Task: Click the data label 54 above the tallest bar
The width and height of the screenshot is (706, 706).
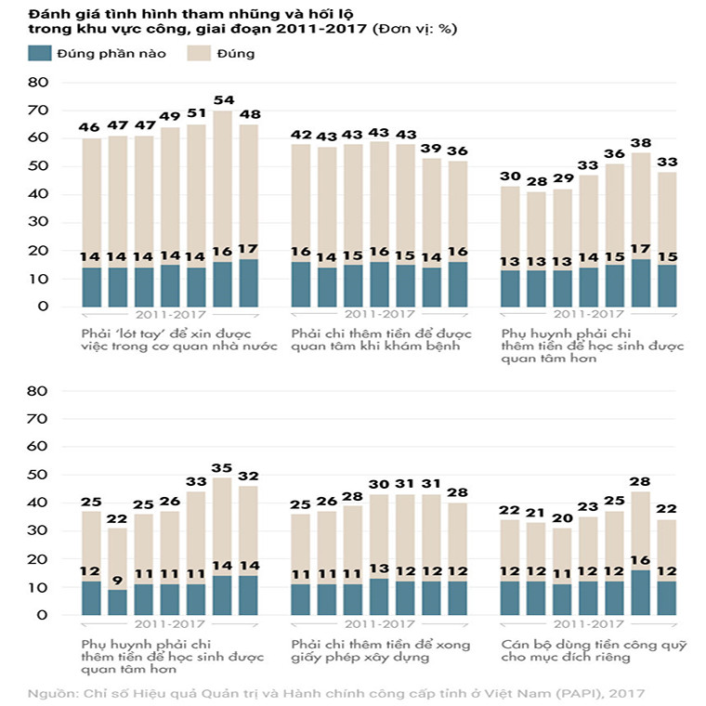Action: [x=223, y=99]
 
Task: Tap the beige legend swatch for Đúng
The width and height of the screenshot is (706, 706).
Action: [x=199, y=53]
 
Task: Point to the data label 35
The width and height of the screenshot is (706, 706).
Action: [x=223, y=468]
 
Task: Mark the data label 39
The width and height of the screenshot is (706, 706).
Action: [x=431, y=149]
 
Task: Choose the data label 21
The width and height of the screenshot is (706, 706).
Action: [x=536, y=512]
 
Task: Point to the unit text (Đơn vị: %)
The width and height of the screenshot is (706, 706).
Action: [x=414, y=30]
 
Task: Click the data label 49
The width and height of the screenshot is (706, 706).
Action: [x=170, y=116]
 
